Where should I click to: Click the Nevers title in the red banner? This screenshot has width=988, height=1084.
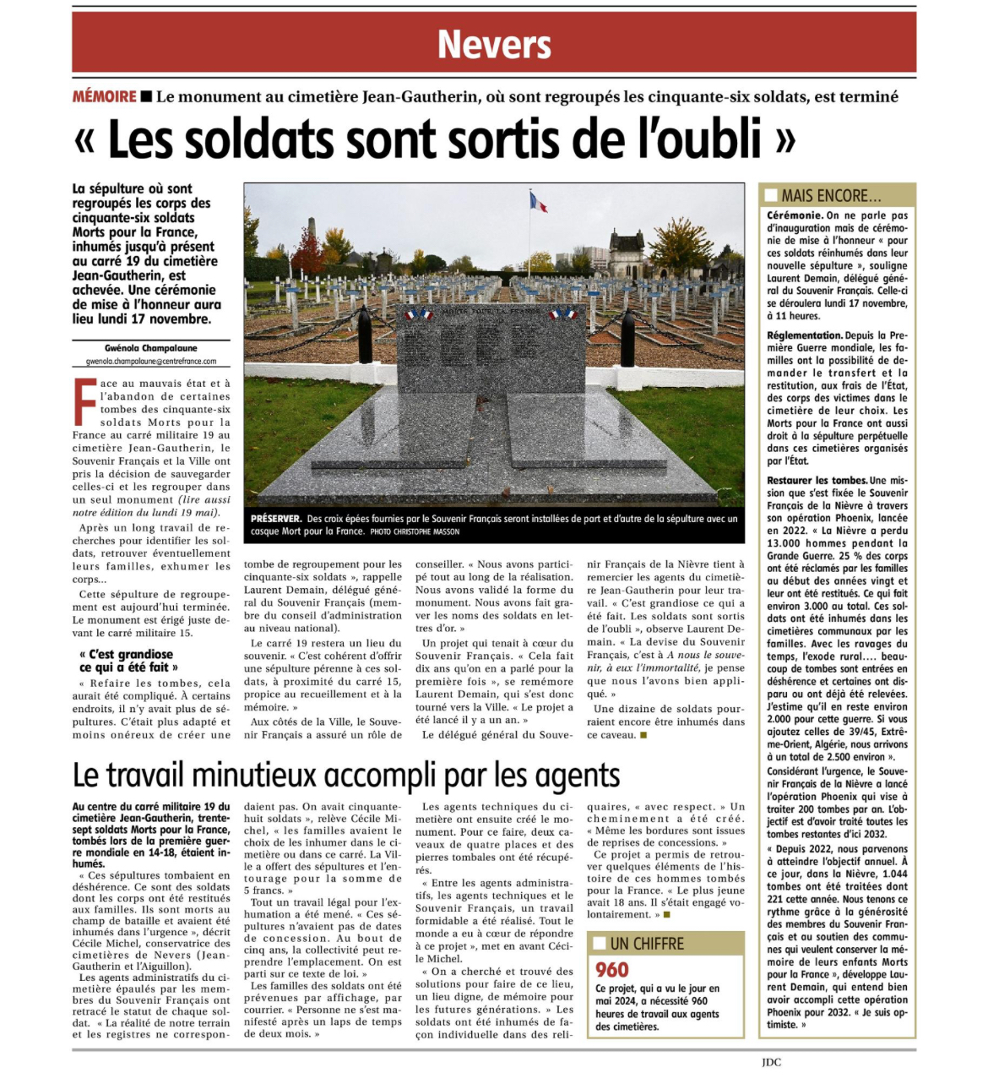pos(494,44)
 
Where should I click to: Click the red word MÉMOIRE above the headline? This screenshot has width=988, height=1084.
pos(104,96)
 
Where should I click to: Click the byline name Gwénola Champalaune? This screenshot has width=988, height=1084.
pos(151,348)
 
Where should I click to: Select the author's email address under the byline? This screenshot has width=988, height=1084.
pos(151,361)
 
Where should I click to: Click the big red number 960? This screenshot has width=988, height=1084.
pos(612,969)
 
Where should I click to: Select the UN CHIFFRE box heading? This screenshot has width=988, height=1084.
pos(647,944)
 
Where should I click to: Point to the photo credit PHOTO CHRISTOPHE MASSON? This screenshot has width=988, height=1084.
pos(415,531)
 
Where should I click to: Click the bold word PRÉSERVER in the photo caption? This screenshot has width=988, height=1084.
pos(275,519)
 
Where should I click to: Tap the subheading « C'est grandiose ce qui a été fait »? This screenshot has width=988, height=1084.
pos(127,661)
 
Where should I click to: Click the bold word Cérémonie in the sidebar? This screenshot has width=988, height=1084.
pos(794,216)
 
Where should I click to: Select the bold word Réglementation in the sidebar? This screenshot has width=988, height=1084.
pos(804,335)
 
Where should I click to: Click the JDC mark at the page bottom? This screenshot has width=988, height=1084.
pos(770,1062)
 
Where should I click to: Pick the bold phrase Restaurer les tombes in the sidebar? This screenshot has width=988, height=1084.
pos(817,480)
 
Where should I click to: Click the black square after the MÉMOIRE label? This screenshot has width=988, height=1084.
pos(146,96)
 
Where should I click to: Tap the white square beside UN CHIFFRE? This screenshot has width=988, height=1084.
pos(600,944)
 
